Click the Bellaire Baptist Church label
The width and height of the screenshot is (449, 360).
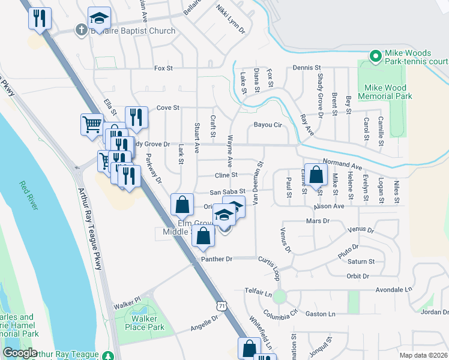pos(133,31)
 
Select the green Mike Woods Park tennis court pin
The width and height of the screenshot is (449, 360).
pos(376,57)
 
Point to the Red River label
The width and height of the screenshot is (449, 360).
pos(28,196)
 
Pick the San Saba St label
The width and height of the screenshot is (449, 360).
pos(227,192)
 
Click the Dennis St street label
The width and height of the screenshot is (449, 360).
pos(308,68)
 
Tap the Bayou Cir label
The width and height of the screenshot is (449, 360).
pos(268,125)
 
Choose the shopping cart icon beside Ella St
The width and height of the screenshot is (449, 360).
pos(92,125)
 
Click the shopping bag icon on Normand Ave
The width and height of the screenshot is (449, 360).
pos(316,175)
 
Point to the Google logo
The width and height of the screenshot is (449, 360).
pos(20,353)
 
